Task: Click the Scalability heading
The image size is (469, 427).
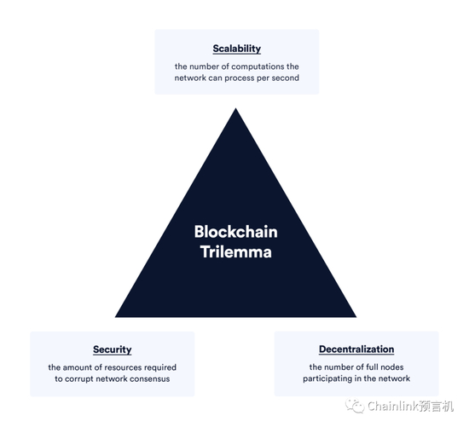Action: (x=236, y=49)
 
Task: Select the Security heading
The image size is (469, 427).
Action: (x=112, y=349)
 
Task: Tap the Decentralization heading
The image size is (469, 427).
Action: (x=356, y=349)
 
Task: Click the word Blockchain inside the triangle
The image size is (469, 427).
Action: (x=235, y=231)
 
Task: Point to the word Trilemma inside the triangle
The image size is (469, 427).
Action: (x=235, y=251)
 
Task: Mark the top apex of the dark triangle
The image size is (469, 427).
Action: (x=235, y=108)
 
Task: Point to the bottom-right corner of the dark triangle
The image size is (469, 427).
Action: (x=355, y=316)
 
